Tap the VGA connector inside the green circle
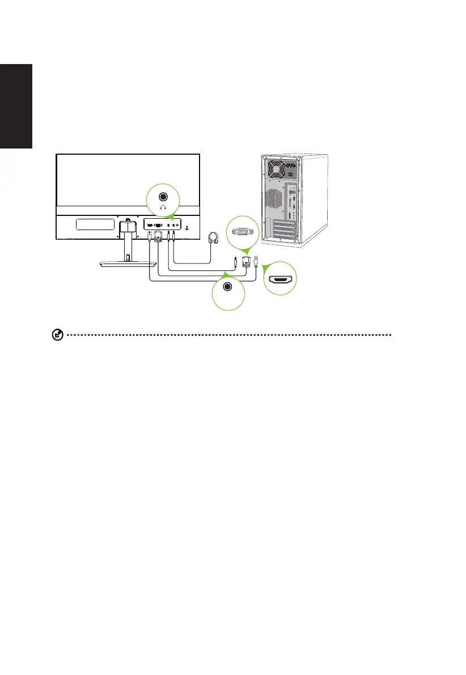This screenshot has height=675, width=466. pos(241,231)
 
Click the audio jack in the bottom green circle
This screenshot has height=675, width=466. pos(228,287)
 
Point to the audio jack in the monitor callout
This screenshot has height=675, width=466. pos(163,197)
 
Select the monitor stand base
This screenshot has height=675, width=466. pos(128,264)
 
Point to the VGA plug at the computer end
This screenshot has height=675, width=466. pos(246,261)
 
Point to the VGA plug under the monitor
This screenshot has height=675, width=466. pos(158,237)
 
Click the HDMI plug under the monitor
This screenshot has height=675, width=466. pos(149,236)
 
